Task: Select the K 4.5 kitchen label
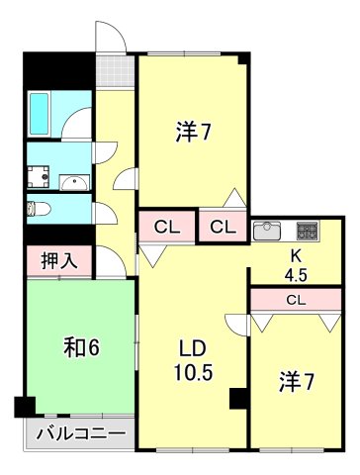pos(294,267)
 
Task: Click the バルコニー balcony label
pos(79,433)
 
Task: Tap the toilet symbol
pos(38,209)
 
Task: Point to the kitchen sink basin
pos(268,231)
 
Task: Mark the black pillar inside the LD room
pos(237,398)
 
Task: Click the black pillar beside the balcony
pos(24,406)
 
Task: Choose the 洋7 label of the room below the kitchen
pos(296,382)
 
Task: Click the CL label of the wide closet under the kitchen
pos(295,298)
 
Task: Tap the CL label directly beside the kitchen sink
pos(224,227)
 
